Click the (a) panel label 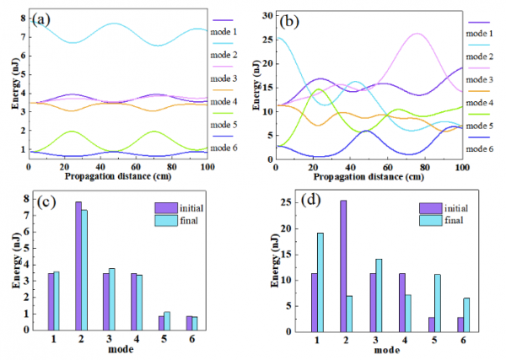point(41,18)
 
